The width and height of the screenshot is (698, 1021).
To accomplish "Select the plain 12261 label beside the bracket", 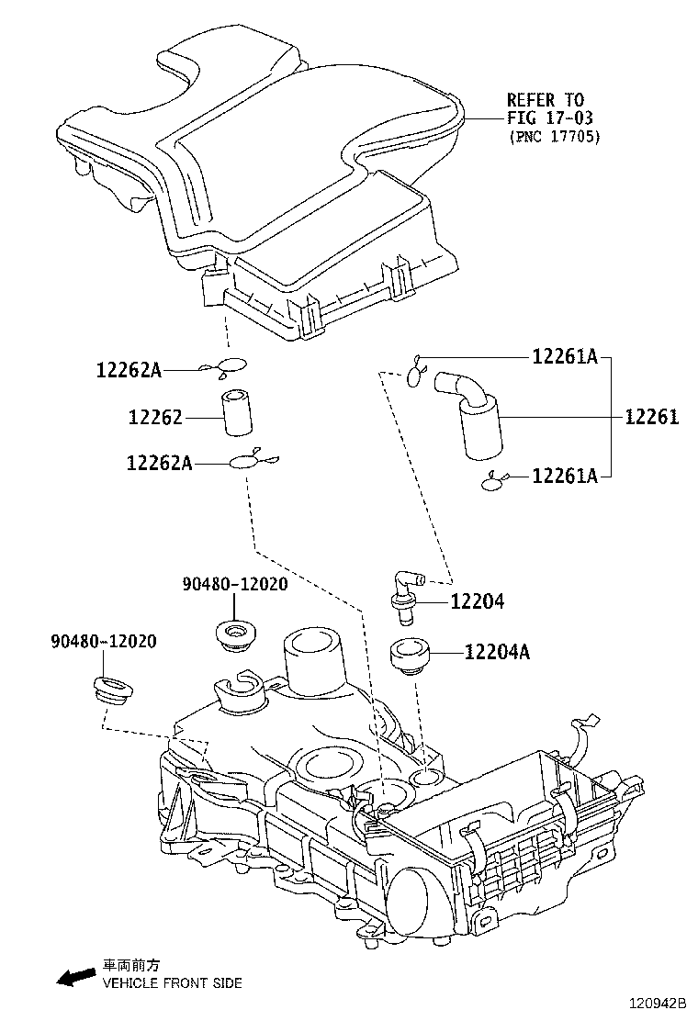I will click(x=651, y=418).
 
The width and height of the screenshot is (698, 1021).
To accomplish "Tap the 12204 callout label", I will click(x=477, y=602).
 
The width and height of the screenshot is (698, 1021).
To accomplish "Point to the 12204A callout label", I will click(x=497, y=653).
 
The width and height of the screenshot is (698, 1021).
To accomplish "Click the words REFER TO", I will click(x=546, y=99).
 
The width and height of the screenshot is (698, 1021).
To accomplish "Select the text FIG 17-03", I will click(x=550, y=118).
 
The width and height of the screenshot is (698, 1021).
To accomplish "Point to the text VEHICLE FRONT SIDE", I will click(x=172, y=983).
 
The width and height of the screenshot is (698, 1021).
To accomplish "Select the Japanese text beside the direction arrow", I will click(x=131, y=965).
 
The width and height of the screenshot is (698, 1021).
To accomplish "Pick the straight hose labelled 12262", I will click(x=238, y=416).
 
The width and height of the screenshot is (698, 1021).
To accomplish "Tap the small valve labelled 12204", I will click(x=403, y=594).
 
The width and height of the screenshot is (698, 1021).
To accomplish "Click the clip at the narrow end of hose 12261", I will click(x=416, y=370).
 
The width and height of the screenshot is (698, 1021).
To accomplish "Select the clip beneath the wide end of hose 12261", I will click(x=494, y=478).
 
